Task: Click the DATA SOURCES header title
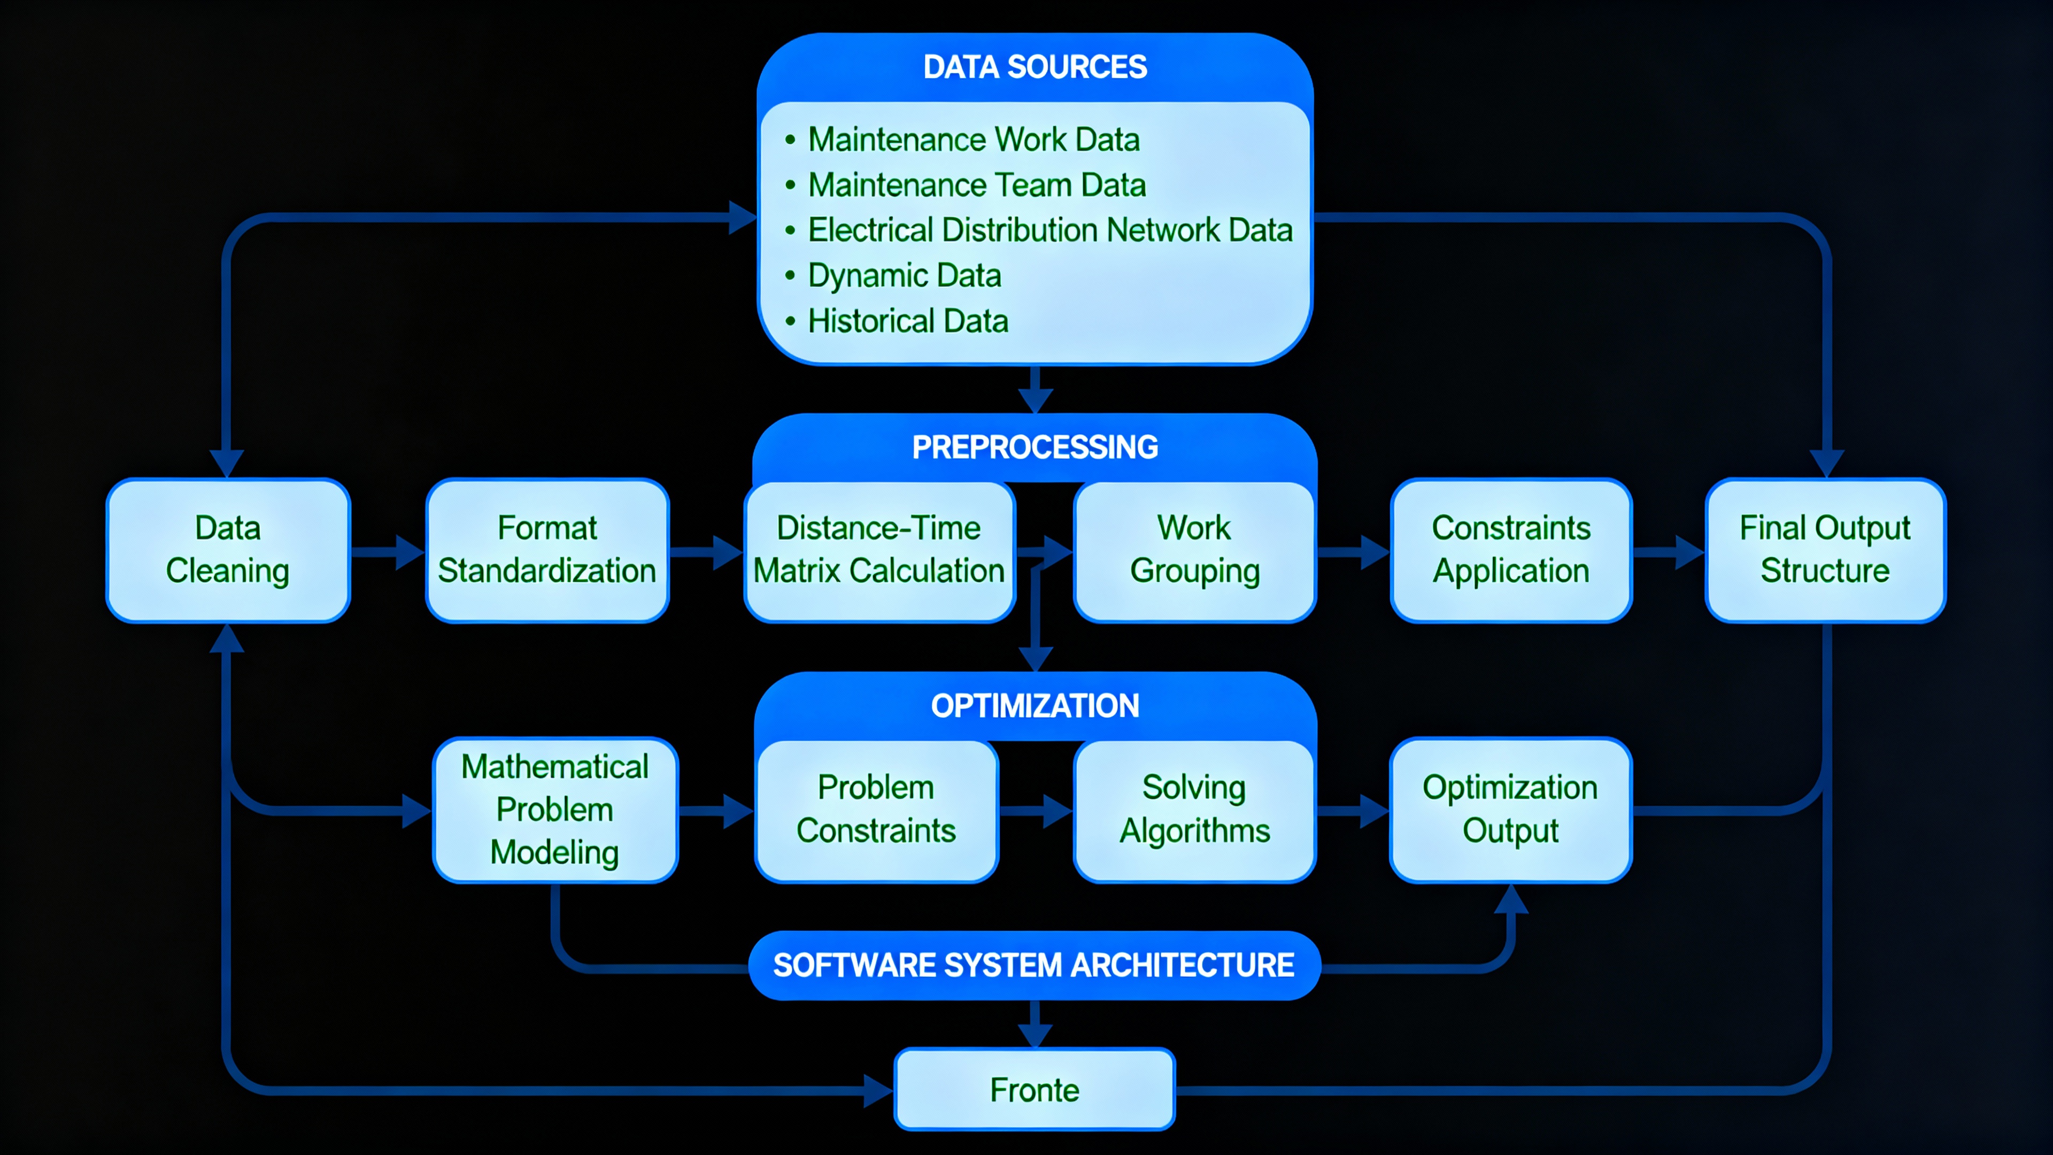[x=1035, y=67]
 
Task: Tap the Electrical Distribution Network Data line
[x=1049, y=230]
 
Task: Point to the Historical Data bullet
[x=908, y=321]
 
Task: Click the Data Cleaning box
[x=228, y=550]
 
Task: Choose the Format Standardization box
[x=547, y=550]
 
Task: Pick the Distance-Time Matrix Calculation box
[x=878, y=550]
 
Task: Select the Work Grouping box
[x=1194, y=550]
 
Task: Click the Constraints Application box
[x=1510, y=550]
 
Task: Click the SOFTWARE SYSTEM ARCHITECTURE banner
[x=1033, y=965]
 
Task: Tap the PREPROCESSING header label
[x=1035, y=447]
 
